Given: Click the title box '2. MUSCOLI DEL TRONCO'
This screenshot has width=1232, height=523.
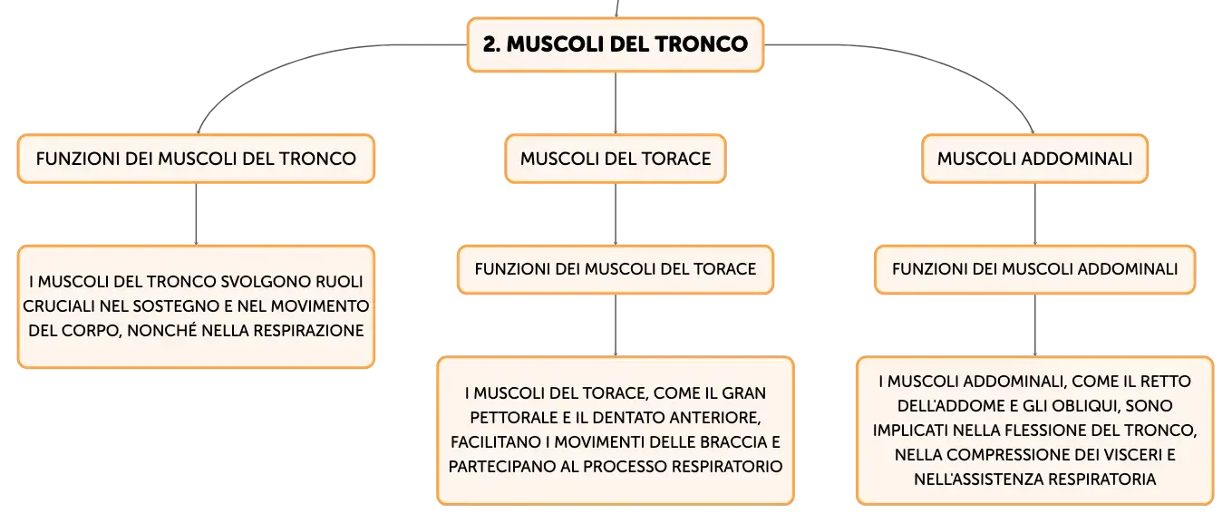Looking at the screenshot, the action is [616, 44].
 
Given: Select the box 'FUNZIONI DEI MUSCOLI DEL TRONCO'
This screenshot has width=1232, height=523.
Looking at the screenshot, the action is [196, 159].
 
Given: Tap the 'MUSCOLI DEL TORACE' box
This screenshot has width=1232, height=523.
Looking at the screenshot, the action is [616, 159].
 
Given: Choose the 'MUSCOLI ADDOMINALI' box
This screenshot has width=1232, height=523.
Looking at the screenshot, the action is [1034, 159].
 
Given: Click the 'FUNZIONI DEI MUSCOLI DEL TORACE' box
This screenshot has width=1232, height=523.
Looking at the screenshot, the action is [616, 269].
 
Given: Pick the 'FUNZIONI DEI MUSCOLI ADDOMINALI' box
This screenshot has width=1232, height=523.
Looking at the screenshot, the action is [1034, 269].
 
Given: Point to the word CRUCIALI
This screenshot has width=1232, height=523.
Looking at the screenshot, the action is [58, 306].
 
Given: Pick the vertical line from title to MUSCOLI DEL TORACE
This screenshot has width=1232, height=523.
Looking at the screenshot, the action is [616, 103].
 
